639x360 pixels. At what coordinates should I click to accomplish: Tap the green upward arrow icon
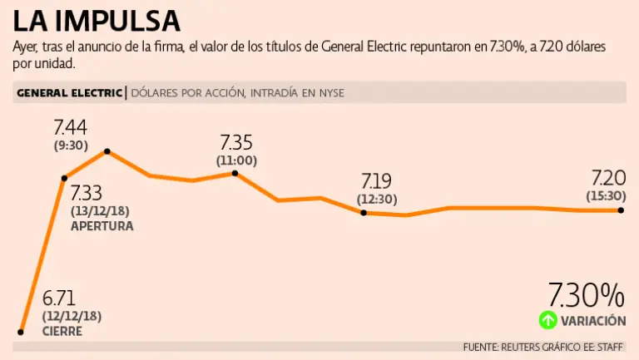point(547,319)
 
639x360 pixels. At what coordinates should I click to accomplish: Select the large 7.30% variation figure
point(586,295)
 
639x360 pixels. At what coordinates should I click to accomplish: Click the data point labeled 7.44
point(107,151)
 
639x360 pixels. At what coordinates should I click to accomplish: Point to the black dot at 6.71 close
point(20,332)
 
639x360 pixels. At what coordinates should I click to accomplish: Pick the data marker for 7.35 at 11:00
point(235,174)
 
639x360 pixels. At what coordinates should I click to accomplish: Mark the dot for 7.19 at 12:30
point(364,213)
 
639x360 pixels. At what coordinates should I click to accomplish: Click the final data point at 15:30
point(621,210)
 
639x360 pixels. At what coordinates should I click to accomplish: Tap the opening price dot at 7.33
point(64,178)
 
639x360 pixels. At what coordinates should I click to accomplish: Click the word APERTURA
point(102,225)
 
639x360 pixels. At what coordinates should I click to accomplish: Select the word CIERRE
point(62,331)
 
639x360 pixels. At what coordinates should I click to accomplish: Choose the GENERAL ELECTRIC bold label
point(68,93)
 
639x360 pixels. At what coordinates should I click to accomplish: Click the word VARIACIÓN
point(593,320)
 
